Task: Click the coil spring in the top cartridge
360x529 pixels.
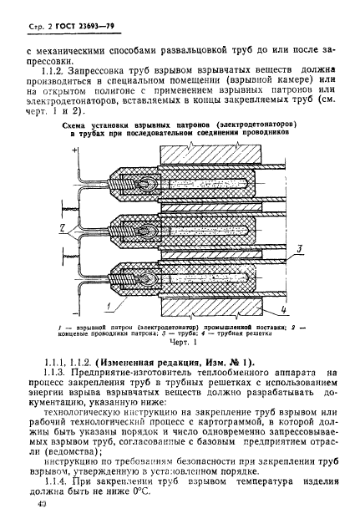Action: pos(136,181)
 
